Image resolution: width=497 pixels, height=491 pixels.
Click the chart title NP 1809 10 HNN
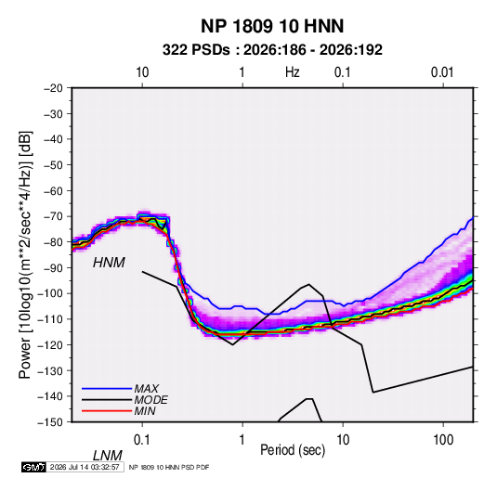point(272,26)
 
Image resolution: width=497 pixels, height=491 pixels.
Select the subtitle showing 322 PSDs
point(272,50)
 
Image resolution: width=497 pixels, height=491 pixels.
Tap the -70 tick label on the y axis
point(53,216)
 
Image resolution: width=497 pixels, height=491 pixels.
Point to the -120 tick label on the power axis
point(51,345)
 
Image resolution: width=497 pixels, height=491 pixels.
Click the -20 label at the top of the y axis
point(53,88)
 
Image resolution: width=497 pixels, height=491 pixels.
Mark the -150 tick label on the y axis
point(51,422)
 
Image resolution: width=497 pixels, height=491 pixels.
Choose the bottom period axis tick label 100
point(443,440)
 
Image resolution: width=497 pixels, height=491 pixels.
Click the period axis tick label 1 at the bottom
point(242,440)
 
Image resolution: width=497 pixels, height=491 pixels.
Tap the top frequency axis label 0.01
point(442,72)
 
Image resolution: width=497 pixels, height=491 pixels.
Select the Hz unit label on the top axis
point(293,72)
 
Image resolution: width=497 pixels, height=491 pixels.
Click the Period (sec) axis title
point(293,450)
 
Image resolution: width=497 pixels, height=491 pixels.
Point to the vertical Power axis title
point(25,255)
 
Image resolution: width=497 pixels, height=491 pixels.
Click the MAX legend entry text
point(147,389)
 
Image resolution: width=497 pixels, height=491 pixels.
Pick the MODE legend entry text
point(150,400)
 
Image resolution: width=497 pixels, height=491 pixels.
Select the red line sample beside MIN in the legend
point(107,411)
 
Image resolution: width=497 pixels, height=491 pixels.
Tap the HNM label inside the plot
point(109,263)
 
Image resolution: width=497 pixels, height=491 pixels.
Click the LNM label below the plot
point(108,456)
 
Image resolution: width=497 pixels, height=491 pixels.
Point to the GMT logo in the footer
point(34,467)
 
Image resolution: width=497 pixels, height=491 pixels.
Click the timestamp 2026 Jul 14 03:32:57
point(85,467)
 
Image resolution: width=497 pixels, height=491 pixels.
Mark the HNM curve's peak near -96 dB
point(308,284)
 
